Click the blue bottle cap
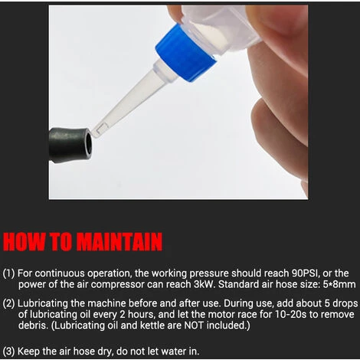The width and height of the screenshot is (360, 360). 185,54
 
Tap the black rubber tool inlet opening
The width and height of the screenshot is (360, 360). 88,143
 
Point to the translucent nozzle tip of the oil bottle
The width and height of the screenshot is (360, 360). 98,131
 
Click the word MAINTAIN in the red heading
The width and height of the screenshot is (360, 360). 119,241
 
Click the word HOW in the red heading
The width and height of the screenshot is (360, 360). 25,241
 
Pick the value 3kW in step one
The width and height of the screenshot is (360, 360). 203,284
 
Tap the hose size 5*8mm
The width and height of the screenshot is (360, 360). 339,284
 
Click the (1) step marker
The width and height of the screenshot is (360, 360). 9,273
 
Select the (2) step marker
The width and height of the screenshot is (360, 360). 9,303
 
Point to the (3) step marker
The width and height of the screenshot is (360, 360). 9,352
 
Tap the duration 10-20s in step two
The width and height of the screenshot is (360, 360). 290,314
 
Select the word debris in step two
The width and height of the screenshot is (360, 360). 33,326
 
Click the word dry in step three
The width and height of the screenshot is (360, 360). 105,352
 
